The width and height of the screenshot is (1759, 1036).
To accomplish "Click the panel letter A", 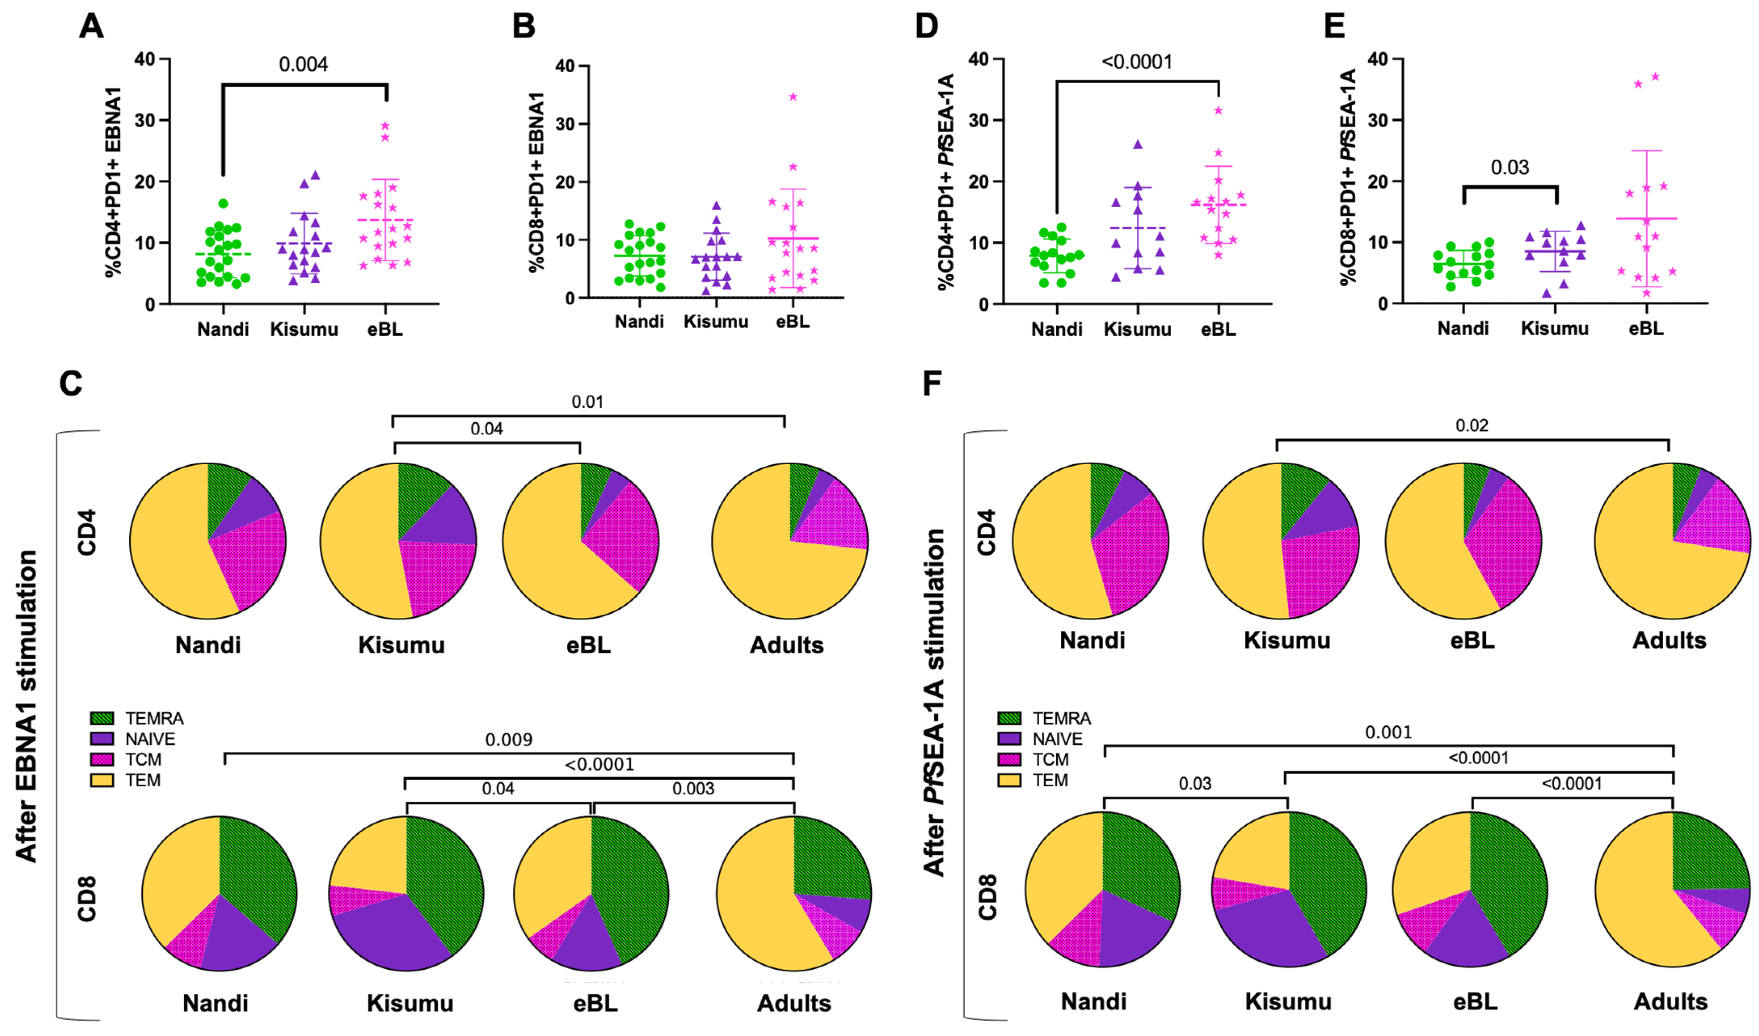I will [x=91, y=27].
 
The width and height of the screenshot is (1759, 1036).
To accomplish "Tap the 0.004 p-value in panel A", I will [x=303, y=64].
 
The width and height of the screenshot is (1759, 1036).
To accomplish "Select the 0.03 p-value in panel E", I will [x=1510, y=168].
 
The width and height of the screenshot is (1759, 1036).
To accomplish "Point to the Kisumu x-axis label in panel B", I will [x=716, y=322].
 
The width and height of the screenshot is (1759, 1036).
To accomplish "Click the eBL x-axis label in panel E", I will [x=1646, y=328].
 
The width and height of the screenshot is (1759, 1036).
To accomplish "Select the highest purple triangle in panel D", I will [x=1138, y=145].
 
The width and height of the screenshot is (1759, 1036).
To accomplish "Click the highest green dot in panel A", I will [x=223, y=204].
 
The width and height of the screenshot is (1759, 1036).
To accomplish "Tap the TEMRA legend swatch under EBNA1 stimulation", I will [x=102, y=718].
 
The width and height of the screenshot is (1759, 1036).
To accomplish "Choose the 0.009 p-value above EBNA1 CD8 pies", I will [x=508, y=740].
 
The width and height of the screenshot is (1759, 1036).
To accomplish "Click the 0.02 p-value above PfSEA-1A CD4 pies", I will [x=1472, y=426].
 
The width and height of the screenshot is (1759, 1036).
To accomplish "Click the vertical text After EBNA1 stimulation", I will [x=27, y=705].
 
